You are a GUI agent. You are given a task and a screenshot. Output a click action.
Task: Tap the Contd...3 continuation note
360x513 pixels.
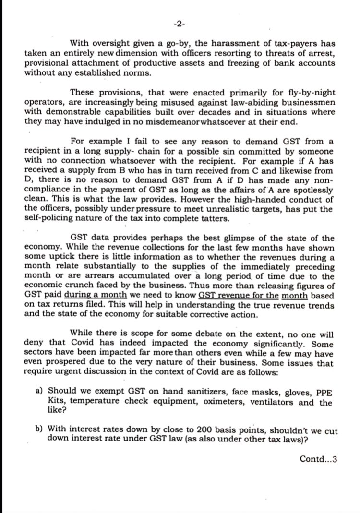318,459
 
